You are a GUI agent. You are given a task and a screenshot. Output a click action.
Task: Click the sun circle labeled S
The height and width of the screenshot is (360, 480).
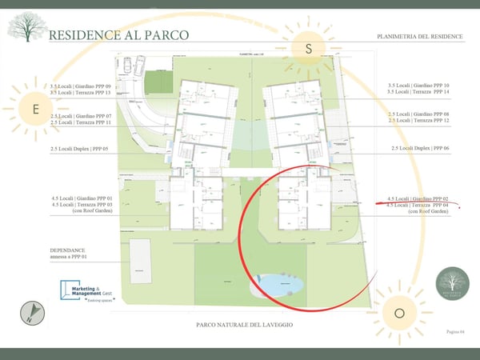pyautogui.click(x=308, y=49)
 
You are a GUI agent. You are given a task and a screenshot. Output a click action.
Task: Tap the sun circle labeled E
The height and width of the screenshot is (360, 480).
pyautogui.click(x=35, y=109)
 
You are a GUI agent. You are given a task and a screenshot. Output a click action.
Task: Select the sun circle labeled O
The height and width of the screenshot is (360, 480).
pyautogui.click(x=399, y=312)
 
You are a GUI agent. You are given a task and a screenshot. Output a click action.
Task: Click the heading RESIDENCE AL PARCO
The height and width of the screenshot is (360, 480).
pyautogui.click(x=119, y=36)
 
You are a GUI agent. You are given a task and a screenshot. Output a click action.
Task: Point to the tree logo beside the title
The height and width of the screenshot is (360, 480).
pyautogui.click(x=26, y=27)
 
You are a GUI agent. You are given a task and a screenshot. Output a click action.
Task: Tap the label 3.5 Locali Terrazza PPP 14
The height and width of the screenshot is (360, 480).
pyautogui.click(x=418, y=93)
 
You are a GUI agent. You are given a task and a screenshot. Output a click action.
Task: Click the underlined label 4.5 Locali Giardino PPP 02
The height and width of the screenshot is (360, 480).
pyautogui.click(x=418, y=198)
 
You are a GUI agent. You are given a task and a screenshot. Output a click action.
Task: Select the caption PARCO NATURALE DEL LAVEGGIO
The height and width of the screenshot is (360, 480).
pyautogui.click(x=244, y=325)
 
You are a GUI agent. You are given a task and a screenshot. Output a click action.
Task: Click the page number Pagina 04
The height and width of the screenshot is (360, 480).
pyautogui.click(x=454, y=330)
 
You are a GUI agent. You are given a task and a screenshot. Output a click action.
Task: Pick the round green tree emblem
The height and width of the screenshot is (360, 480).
pyautogui.click(x=453, y=284)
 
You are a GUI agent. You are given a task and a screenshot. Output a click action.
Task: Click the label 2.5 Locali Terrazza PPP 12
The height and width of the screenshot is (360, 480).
pyautogui.click(x=418, y=121)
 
